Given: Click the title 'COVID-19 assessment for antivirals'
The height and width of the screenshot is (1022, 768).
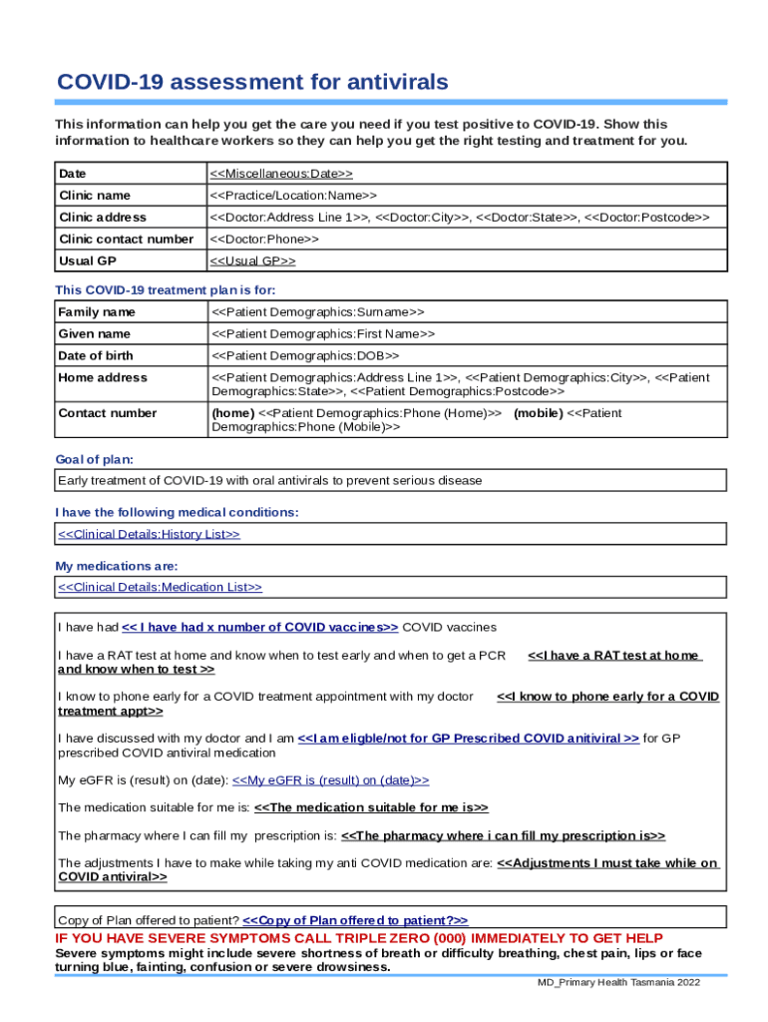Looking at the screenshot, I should pos(252,82).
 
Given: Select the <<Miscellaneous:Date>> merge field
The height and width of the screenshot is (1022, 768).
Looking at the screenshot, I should pos(281,174).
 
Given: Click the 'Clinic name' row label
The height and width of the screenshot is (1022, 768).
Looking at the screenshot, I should pos(95,196).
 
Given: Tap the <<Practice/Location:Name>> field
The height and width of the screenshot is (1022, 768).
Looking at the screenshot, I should pos(293,196).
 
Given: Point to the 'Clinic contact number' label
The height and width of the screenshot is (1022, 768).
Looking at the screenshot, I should pos(126,240).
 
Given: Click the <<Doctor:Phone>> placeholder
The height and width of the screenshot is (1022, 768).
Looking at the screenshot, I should pos(264,240).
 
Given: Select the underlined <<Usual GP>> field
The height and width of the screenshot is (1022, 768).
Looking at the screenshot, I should pos(252,261).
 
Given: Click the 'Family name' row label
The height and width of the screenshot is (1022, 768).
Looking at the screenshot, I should pos(97,312).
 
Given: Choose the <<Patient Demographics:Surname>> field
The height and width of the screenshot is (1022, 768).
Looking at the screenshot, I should pos(317,312).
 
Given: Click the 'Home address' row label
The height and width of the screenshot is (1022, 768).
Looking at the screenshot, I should pos(103,378).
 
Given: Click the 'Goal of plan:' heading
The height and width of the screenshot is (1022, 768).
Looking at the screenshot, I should pos(94,460).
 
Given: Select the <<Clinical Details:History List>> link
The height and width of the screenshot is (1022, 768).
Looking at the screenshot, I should pos(149,534).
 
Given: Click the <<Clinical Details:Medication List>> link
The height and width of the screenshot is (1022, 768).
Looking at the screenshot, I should pos(160,588).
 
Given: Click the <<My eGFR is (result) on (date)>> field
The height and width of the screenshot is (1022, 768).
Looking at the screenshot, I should pos(330,779).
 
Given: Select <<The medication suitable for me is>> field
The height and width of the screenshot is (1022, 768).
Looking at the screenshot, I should pos(371,807).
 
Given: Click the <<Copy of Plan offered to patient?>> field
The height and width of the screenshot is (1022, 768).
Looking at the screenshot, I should pos(355,920).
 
